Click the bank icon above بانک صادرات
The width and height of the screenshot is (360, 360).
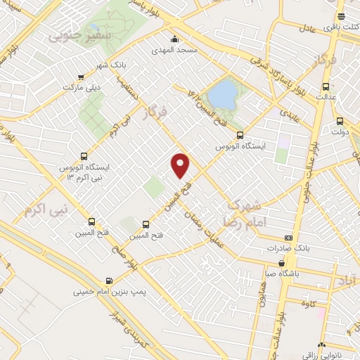coord(288,238)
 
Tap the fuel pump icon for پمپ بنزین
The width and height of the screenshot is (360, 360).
coord(108,279)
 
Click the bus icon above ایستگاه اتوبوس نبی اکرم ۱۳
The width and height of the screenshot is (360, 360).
coord(84,156)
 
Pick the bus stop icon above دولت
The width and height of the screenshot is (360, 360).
coord(340,120)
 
